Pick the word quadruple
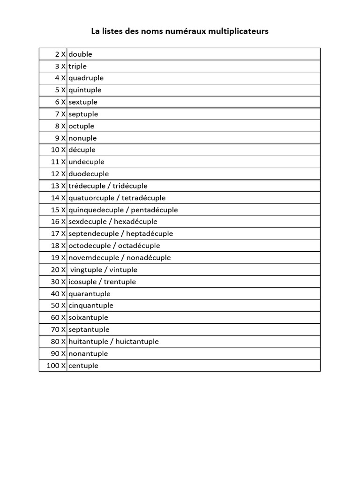point(86,78)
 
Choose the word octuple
point(82,126)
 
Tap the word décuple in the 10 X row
point(82,150)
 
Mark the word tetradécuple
point(143,198)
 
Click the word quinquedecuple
point(96,210)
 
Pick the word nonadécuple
point(147,258)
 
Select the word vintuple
point(123,270)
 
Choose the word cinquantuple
point(91,306)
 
